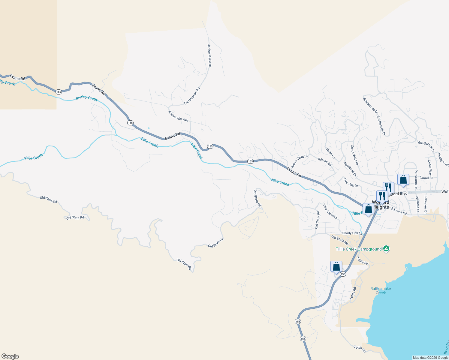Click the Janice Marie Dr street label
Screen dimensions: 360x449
[x=209, y=55]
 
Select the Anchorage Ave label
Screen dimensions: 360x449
[x=178, y=116]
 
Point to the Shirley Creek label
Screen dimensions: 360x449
[x=86, y=98]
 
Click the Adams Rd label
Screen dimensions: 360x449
[x=324, y=162]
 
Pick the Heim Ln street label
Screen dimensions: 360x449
[x=330, y=153]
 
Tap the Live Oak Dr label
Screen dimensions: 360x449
[x=351, y=183]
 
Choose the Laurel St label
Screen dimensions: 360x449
[x=426, y=178]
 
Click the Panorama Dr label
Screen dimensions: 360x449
[x=416, y=179]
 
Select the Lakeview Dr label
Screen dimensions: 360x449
[x=425, y=205]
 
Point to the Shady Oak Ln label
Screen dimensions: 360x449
[x=352, y=233]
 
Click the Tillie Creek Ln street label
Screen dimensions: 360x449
[x=330, y=211]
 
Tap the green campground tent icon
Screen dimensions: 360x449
[x=387, y=249]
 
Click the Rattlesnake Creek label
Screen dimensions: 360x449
[x=381, y=291]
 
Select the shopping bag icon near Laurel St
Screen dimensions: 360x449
[x=403, y=179]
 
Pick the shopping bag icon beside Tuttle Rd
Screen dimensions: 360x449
[x=336, y=266]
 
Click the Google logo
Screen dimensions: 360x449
[x=10, y=356]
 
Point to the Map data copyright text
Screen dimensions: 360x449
[x=430, y=358]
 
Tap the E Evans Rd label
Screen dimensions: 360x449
[x=399, y=211]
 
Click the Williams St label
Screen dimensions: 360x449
[x=417, y=204]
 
